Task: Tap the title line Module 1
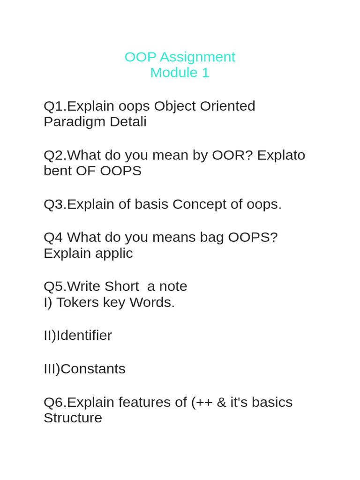click(180, 73)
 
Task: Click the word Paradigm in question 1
click(75, 122)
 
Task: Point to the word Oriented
click(227, 106)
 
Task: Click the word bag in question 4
click(212, 237)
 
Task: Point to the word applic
click(114, 253)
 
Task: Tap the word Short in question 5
click(121, 286)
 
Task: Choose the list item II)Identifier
click(78, 335)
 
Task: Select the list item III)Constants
click(84, 368)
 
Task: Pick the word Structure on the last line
click(73, 418)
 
